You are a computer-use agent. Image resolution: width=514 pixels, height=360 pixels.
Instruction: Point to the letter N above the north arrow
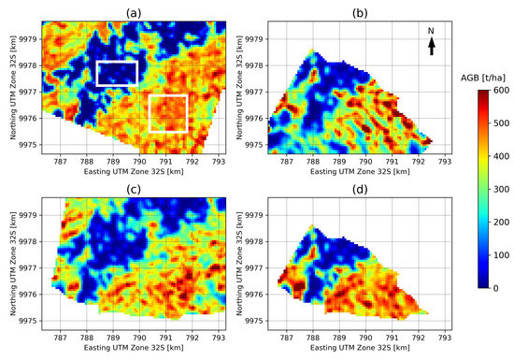pyautogui.click(x=431, y=31)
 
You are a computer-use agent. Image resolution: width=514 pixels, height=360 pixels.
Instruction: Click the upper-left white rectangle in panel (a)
pyautogui.click(x=117, y=73)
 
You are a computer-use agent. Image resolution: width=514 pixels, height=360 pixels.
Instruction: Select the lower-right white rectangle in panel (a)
pyautogui.click(x=168, y=113)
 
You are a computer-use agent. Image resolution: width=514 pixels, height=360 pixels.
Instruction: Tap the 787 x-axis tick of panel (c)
pyautogui.click(x=61, y=333)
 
